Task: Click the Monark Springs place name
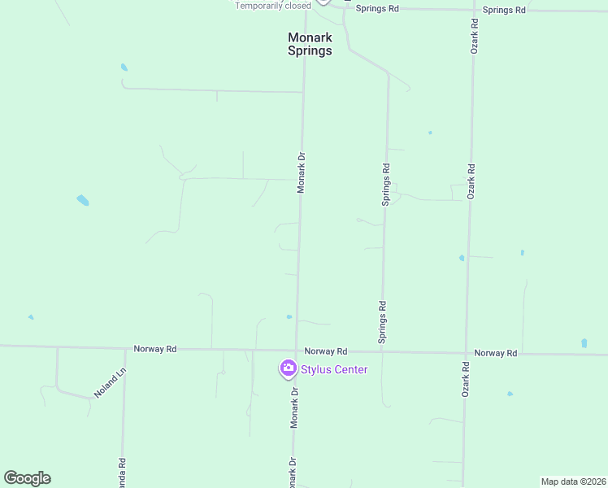310,44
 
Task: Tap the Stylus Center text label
334,370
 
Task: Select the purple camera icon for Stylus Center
287,369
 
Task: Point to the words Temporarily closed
273,6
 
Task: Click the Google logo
27,477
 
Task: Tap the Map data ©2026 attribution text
573,481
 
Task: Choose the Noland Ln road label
111,382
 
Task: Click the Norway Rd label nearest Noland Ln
154,349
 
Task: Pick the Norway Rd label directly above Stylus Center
325,351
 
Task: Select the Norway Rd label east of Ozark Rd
496,353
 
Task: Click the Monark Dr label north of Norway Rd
301,172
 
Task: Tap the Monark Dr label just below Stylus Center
294,407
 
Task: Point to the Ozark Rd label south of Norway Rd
467,378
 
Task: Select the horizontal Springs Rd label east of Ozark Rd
504,10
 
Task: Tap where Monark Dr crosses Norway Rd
295,351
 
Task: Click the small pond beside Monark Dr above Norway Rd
289,316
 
